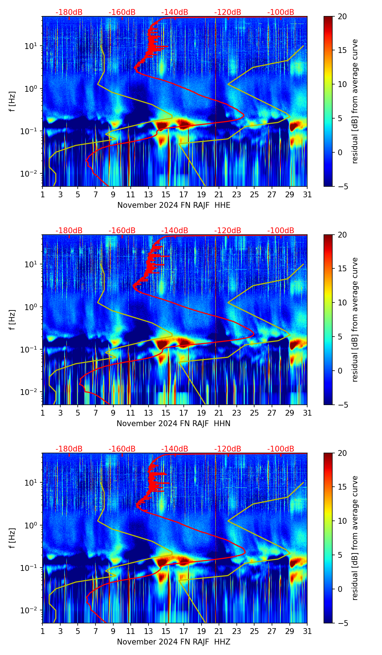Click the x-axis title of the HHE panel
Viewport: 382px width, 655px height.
click(174, 205)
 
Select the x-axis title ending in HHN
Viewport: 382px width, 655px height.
click(174, 424)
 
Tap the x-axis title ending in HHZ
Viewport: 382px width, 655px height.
click(174, 642)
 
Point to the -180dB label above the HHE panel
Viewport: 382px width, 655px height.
click(69, 12)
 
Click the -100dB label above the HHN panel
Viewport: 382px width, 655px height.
click(281, 231)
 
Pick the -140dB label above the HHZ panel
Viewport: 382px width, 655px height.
click(175, 449)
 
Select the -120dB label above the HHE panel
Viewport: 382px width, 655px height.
click(228, 12)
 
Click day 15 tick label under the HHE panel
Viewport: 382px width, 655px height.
click(166, 194)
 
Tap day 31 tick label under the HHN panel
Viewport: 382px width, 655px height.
click(307, 413)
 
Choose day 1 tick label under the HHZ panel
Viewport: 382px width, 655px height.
click(43, 631)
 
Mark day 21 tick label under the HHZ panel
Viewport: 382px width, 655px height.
click(219, 631)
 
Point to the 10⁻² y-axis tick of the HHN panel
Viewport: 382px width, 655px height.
click(32, 392)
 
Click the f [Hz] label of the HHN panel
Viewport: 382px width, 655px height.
click(13, 320)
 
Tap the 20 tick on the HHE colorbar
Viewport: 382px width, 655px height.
click(342, 16)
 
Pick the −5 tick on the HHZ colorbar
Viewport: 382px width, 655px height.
click(342, 623)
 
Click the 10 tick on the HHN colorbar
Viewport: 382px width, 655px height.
click(342, 302)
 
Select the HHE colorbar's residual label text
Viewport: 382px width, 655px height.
click(355, 101)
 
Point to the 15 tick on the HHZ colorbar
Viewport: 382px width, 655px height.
click(342, 487)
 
